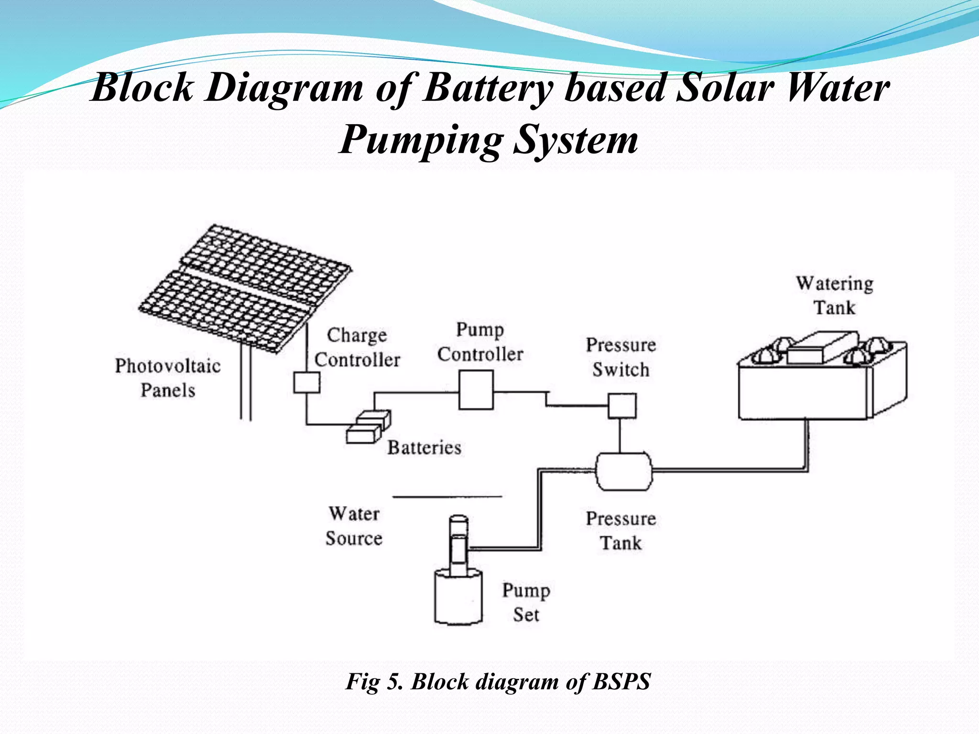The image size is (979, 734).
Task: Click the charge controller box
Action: click(x=306, y=382)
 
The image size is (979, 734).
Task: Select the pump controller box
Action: click(x=476, y=390)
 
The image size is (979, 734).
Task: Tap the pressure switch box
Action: click(x=622, y=406)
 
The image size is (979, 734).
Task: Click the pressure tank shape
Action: click(x=623, y=471)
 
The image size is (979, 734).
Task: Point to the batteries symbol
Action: click(x=368, y=427)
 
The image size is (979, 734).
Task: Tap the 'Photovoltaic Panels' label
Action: click(x=168, y=378)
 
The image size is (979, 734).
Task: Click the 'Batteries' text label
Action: click(x=424, y=448)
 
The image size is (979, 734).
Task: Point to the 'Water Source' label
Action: click(x=354, y=526)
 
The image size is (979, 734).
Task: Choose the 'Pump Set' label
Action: click(x=526, y=602)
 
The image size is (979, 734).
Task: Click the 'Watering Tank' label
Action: click(x=835, y=295)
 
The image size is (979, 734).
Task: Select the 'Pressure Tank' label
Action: click(x=621, y=531)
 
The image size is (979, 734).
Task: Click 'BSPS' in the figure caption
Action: click(x=621, y=681)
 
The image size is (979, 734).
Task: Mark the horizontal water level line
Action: click(x=447, y=497)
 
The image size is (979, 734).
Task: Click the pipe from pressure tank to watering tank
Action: click(x=727, y=471)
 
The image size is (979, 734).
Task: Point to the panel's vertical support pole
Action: click(x=246, y=382)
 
